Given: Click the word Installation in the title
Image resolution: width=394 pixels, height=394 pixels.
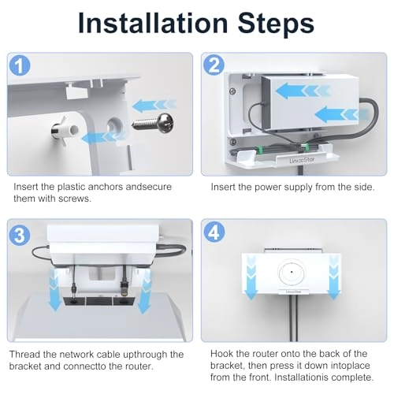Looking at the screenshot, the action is click(x=153, y=23).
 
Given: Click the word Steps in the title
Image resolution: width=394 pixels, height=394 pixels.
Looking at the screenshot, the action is click(x=276, y=24).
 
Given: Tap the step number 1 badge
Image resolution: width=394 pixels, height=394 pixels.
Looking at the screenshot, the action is click(x=20, y=65).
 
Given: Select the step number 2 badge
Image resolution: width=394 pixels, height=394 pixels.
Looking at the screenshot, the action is click(x=214, y=65).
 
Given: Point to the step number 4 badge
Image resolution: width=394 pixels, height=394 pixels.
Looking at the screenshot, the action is click(x=214, y=232).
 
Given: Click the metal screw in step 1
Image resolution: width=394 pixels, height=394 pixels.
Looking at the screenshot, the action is click(x=154, y=123).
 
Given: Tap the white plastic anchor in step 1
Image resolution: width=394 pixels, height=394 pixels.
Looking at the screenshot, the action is click(x=65, y=129).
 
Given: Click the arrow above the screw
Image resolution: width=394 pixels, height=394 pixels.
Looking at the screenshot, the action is click(x=154, y=106).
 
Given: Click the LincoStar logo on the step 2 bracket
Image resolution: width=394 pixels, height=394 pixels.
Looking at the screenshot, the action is click(x=302, y=160).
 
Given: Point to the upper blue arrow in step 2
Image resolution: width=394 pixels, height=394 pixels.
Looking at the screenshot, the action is click(x=302, y=91).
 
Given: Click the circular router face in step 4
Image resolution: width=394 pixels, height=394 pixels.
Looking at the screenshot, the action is click(x=292, y=273).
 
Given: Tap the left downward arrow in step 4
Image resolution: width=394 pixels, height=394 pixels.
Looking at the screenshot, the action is click(x=251, y=278).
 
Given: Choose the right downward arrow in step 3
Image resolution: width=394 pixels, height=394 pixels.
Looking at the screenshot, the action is click(x=144, y=292).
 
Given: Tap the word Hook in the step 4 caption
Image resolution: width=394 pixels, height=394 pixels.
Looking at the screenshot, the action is click(x=221, y=354).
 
